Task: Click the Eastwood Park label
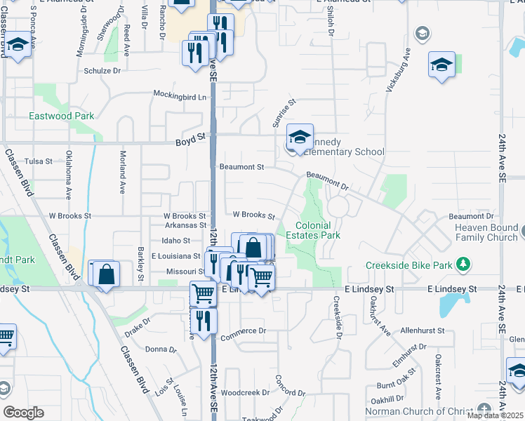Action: point(62,116)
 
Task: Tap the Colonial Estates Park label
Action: point(318,230)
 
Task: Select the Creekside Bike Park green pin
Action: point(463,265)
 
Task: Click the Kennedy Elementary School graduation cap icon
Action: point(300,138)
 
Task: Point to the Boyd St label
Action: point(190,142)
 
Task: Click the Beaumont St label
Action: point(241,167)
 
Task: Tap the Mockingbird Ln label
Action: point(181,95)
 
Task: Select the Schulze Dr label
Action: point(103,71)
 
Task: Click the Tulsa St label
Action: point(39,161)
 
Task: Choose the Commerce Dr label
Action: point(244,330)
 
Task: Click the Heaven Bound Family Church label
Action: point(486,232)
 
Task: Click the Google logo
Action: point(23,413)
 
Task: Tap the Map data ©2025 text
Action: point(495,415)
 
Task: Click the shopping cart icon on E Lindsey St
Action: point(203,293)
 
